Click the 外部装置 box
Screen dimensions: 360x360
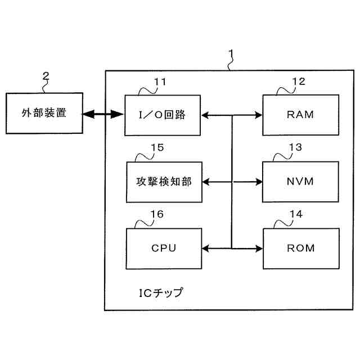43,114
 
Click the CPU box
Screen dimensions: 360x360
163,247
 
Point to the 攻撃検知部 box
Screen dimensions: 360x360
163,181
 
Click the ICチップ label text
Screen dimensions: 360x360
161,293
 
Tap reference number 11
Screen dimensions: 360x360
160,82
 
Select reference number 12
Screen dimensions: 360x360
299,82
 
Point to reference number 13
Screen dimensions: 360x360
295,148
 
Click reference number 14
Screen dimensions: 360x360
295,215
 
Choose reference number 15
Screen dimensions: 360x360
157,148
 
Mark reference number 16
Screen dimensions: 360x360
157,215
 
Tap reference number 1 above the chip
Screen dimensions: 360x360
231,54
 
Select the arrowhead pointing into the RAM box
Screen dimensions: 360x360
259,115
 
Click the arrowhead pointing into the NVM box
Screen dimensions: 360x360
259,181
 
